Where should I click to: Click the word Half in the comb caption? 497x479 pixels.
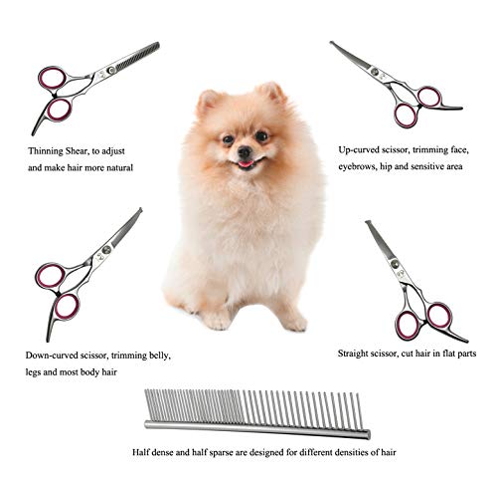coord(141,451)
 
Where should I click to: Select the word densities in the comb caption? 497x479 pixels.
coord(343,451)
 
